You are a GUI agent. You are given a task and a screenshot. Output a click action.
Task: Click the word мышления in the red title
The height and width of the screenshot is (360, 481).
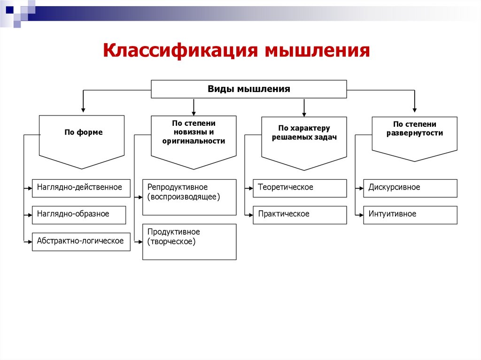click(318, 50)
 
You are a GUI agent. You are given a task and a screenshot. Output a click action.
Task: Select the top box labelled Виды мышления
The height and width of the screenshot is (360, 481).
click(249, 89)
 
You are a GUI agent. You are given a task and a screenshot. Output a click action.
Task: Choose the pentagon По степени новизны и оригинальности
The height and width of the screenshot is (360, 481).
click(194, 138)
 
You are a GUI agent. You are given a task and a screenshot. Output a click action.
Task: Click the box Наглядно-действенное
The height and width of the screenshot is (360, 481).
click(79, 188)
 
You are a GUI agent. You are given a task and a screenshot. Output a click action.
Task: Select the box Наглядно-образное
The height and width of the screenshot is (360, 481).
click(79, 214)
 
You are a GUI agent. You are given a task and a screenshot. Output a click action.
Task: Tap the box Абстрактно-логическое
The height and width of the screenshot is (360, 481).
click(81, 241)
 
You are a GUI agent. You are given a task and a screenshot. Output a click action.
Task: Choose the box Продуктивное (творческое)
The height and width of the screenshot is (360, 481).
click(189, 241)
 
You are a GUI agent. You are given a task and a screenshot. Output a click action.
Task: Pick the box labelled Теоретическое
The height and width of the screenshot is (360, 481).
click(300, 188)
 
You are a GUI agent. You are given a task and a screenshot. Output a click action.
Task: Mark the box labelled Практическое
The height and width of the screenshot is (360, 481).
click(300, 214)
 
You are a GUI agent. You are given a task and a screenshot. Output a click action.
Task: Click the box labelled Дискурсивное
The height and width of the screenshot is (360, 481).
click(410, 188)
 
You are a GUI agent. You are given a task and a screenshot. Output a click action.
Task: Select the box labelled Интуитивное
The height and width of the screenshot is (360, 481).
click(410, 214)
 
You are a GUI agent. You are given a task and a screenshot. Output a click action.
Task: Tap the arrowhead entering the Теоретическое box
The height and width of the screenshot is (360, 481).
click(250, 188)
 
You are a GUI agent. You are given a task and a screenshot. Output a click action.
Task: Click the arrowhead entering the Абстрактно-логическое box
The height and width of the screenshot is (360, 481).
click(29, 242)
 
